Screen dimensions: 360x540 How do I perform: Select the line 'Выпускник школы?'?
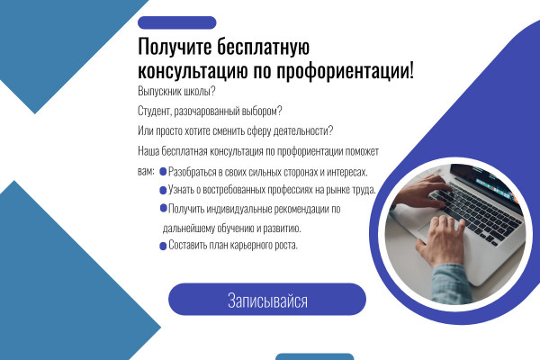click(x=176, y=92)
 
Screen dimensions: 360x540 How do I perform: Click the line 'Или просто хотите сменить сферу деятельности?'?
click(x=236, y=131)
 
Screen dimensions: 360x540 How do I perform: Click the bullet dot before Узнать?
click(x=163, y=190)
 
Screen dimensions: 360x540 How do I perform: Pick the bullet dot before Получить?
click(x=163, y=208)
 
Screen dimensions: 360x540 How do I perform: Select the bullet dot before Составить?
click(x=163, y=246)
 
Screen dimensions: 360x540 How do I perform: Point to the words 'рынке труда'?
click(x=353, y=190)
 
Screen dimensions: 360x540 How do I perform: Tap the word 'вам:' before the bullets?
click(x=147, y=170)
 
